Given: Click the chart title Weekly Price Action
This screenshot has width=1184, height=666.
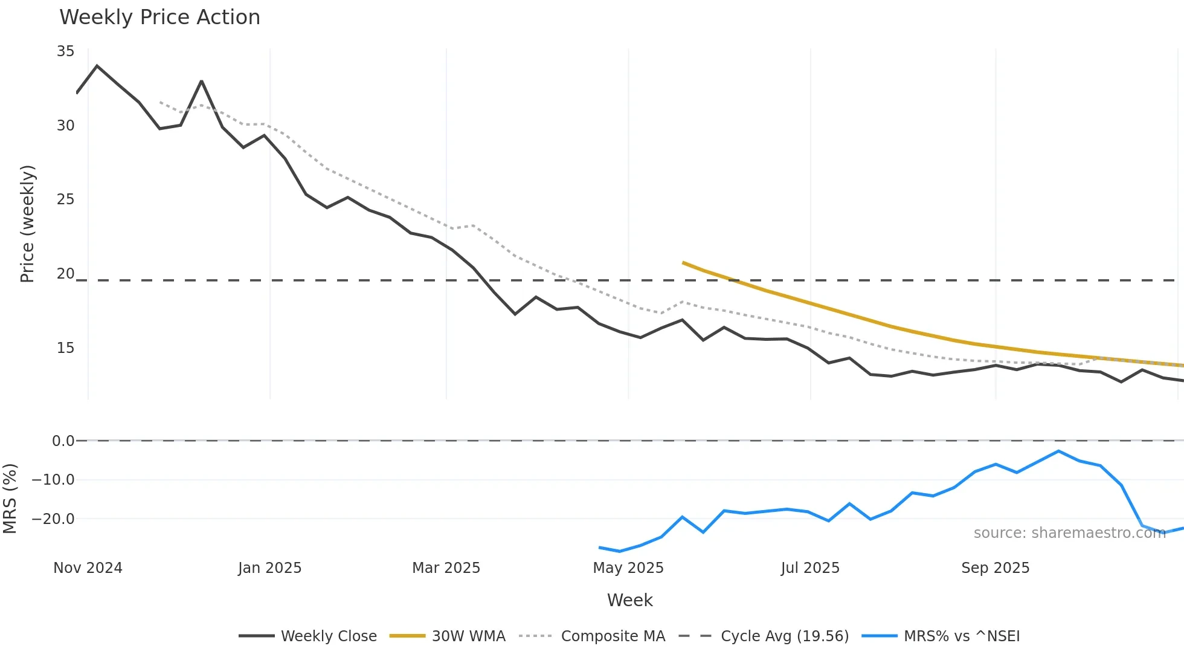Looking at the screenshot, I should click(159, 17).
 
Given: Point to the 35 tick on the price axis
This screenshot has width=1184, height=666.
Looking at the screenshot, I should click(65, 51).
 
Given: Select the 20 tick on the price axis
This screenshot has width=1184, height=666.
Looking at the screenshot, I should click(65, 274).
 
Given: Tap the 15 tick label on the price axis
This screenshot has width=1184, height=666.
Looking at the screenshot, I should click(65, 348).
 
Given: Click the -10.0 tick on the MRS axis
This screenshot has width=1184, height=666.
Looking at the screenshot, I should click(53, 480).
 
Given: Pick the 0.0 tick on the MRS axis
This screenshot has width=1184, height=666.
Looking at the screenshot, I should click(63, 441).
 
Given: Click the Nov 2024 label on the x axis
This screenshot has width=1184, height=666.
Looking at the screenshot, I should click(88, 568).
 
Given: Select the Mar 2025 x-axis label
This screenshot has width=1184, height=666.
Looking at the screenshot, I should click(446, 568).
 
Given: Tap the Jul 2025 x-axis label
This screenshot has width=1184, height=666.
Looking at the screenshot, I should click(810, 568).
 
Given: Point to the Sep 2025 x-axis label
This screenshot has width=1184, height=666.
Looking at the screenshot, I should click(995, 568).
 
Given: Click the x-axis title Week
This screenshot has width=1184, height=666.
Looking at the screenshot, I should click(629, 600).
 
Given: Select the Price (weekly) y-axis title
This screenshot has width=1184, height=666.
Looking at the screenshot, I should click(27, 224).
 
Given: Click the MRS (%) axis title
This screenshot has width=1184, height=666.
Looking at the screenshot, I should click(10, 499).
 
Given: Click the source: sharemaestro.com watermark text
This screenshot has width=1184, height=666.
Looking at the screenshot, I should click(1069, 533).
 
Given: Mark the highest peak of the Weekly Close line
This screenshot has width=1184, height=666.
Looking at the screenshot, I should click(97, 66).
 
